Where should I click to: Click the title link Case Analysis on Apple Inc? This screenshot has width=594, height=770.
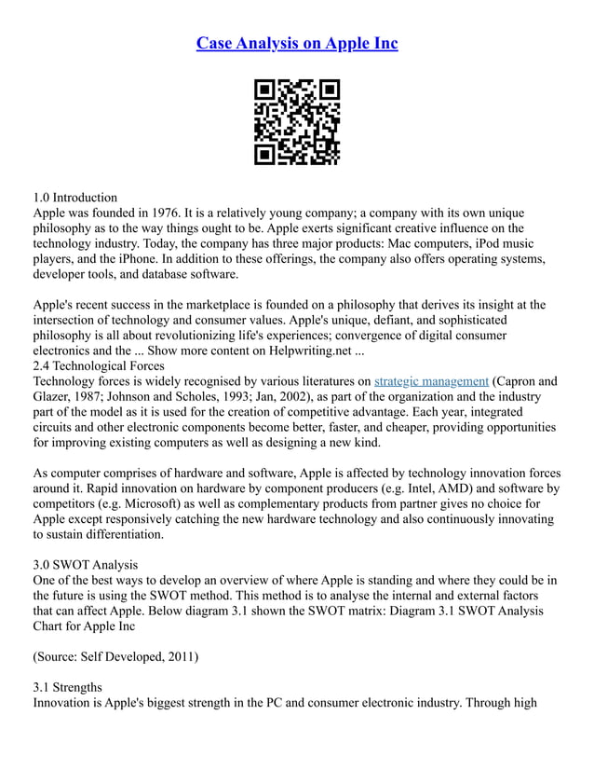coord(297,43)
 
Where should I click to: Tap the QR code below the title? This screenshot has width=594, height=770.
coord(297,122)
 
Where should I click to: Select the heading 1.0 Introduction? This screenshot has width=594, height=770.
coord(75,197)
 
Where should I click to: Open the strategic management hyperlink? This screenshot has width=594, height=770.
coord(431,380)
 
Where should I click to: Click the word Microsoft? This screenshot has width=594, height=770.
coord(153,503)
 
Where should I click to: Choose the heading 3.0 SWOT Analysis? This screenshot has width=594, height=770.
coord(85,564)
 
